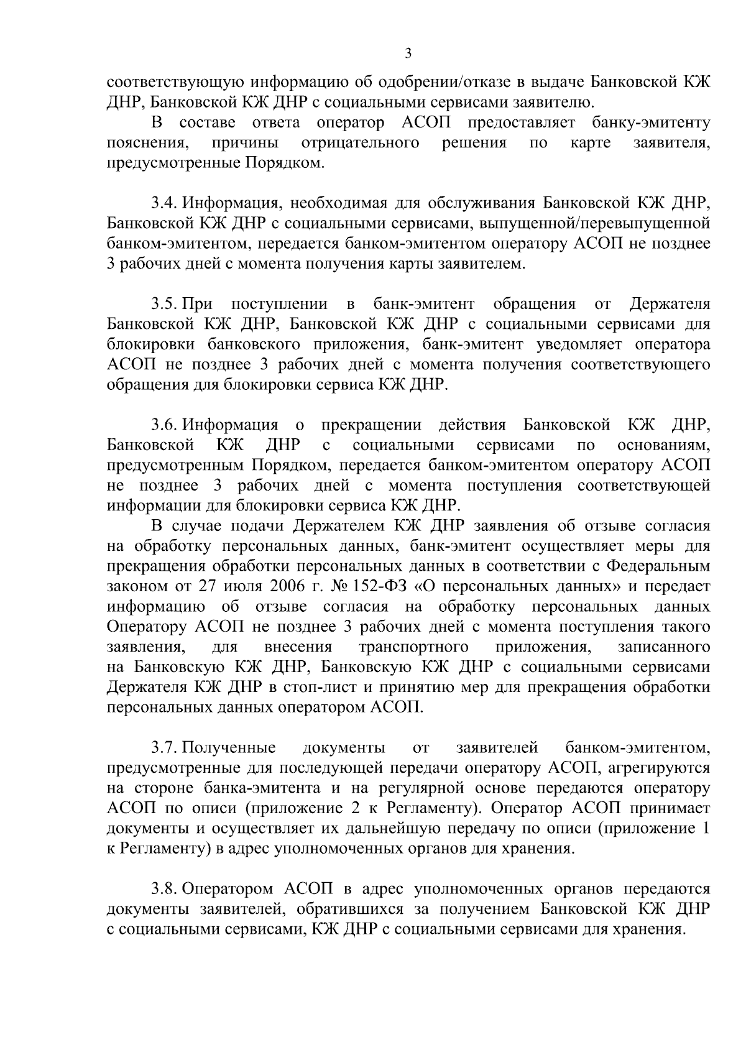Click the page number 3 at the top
(x=408, y=53)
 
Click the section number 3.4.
(x=163, y=204)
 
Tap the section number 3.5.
(x=163, y=305)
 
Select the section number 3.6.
(x=163, y=425)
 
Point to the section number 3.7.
(x=163, y=747)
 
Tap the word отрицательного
(x=359, y=144)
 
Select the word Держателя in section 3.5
(x=670, y=305)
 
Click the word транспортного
(x=414, y=647)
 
